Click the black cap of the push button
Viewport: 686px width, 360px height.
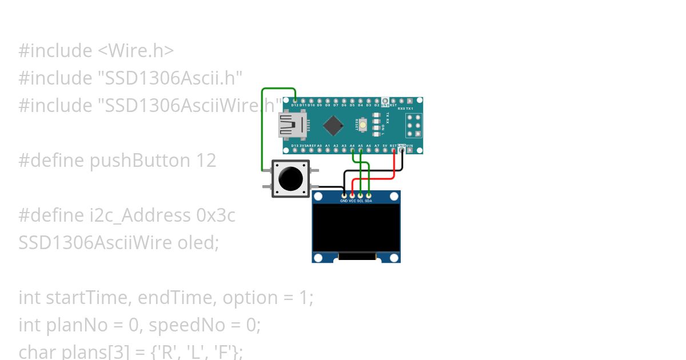(290, 179)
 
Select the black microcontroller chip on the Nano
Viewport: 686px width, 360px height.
(333, 125)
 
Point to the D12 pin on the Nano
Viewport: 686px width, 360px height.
(294, 101)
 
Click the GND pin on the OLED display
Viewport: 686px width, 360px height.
(344, 195)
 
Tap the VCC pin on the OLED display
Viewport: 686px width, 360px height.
(352, 195)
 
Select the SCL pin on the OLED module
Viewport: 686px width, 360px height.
(360, 195)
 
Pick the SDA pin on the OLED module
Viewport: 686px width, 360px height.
(369, 195)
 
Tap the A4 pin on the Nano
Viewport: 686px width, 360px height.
(352, 150)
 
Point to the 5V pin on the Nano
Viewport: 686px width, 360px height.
(385, 150)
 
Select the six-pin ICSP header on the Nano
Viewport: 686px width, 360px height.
(414, 125)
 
